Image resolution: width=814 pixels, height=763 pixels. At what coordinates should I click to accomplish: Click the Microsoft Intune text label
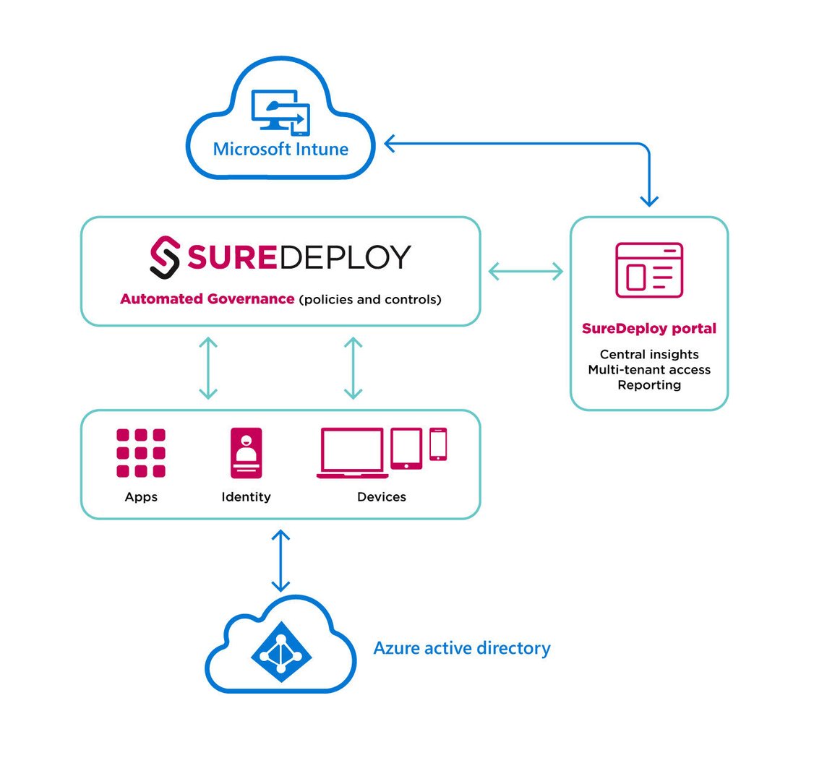[x=280, y=150]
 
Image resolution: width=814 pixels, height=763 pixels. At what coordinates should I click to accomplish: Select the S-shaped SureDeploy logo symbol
[x=165, y=257]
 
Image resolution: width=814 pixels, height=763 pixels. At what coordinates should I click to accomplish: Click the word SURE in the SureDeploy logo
[x=231, y=257]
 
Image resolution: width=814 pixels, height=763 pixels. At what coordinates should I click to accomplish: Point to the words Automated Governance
[x=207, y=299]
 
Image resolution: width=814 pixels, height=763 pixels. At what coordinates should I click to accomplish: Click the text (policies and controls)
[x=369, y=299]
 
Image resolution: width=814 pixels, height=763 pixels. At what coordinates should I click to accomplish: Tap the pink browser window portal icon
[x=648, y=270]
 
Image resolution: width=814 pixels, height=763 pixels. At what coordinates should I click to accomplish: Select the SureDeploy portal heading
[x=648, y=329]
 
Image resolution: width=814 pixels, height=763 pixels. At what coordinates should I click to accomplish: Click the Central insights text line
[x=648, y=354]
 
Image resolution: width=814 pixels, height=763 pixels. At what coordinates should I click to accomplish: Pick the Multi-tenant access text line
[x=648, y=369]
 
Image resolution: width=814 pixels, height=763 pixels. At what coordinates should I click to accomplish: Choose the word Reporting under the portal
[x=648, y=384]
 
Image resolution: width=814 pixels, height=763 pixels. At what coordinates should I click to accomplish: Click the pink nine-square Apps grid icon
[x=141, y=453]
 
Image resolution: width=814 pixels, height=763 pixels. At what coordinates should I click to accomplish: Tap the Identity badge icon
[x=246, y=453]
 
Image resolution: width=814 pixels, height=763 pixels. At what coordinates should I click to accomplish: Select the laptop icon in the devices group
[x=352, y=453]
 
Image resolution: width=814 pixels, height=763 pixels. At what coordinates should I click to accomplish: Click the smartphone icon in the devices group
[x=438, y=444]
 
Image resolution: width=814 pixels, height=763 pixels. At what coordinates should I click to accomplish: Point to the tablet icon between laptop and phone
[x=406, y=448]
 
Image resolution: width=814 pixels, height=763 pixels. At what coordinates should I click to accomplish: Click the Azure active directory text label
[x=461, y=648]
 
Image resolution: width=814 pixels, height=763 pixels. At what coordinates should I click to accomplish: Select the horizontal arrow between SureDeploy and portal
[x=526, y=271]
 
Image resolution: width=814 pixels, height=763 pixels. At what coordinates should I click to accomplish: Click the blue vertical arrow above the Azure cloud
[x=280, y=560]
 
